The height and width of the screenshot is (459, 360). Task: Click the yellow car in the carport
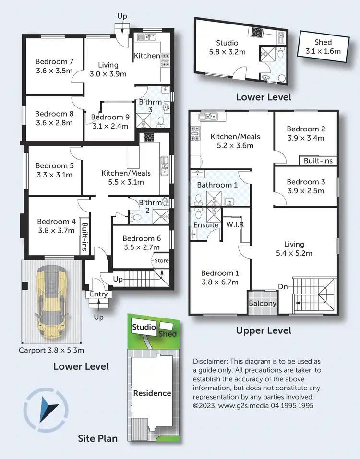pyautogui.click(x=52, y=302)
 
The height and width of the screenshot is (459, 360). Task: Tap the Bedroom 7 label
pyautogui.click(x=55, y=62)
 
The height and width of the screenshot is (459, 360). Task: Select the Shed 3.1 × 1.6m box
pyautogui.click(x=324, y=47)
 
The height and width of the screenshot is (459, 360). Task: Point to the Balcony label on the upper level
pyautogui.click(x=263, y=303)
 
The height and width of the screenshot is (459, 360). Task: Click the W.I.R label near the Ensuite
pyautogui.click(x=235, y=224)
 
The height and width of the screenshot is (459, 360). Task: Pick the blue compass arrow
pyautogui.click(x=48, y=409)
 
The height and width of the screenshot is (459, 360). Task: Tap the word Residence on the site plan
pyautogui.click(x=152, y=393)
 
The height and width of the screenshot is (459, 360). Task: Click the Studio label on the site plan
pyautogui.click(x=144, y=327)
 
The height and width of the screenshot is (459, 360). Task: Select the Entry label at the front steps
pyautogui.click(x=99, y=294)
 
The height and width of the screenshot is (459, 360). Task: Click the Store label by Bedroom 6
pyautogui.click(x=161, y=260)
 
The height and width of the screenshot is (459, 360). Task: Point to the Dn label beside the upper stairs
pyautogui.click(x=283, y=287)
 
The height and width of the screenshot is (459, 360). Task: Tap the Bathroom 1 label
pyautogui.click(x=217, y=185)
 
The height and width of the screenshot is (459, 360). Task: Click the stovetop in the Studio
pyautogui.click(x=257, y=32)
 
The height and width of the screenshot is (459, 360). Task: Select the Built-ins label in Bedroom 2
pyautogui.click(x=318, y=161)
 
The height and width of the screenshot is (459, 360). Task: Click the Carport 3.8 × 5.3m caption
pyautogui.click(x=51, y=350)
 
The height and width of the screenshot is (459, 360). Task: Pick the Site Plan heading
pyautogui.click(x=97, y=438)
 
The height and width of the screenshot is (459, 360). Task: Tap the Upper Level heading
pyautogui.click(x=264, y=331)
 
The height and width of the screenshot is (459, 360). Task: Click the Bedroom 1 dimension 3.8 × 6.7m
pyautogui.click(x=220, y=282)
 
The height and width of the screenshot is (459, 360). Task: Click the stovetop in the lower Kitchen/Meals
pyautogui.click(x=149, y=137)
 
